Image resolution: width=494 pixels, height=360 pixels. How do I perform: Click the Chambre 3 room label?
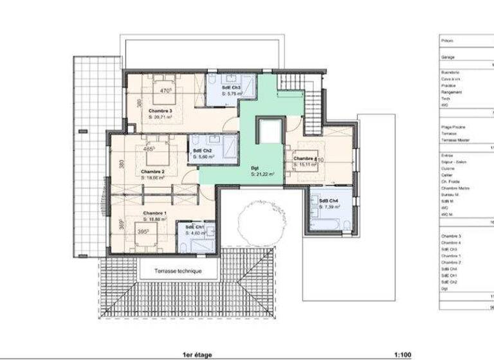coord(160,110)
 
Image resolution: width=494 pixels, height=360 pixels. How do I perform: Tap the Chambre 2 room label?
coord(153,172)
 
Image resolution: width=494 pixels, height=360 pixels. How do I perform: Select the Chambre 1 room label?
coord(154,212)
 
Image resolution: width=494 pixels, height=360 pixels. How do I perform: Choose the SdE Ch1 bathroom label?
coord(195,227)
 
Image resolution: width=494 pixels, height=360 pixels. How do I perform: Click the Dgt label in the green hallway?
coord(255,167)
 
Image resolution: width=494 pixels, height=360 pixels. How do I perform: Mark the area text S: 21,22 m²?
coord(262,174)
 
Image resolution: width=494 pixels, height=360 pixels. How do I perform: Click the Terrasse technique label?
coord(178,271)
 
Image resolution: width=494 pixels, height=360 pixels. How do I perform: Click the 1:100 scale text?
coord(403,354)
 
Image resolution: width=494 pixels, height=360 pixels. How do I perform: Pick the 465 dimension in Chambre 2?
coord(149,148)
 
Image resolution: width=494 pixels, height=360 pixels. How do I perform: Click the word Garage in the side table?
coord(448,57)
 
